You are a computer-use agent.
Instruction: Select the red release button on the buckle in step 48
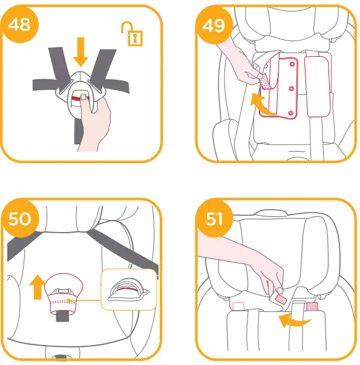coord(77,97)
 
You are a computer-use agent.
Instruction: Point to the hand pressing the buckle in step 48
coord(95,124)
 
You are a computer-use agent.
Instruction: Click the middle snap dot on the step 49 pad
coord(291,89)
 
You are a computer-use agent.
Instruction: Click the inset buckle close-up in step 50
coord(128,290)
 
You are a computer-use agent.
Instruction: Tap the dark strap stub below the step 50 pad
coord(61,317)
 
